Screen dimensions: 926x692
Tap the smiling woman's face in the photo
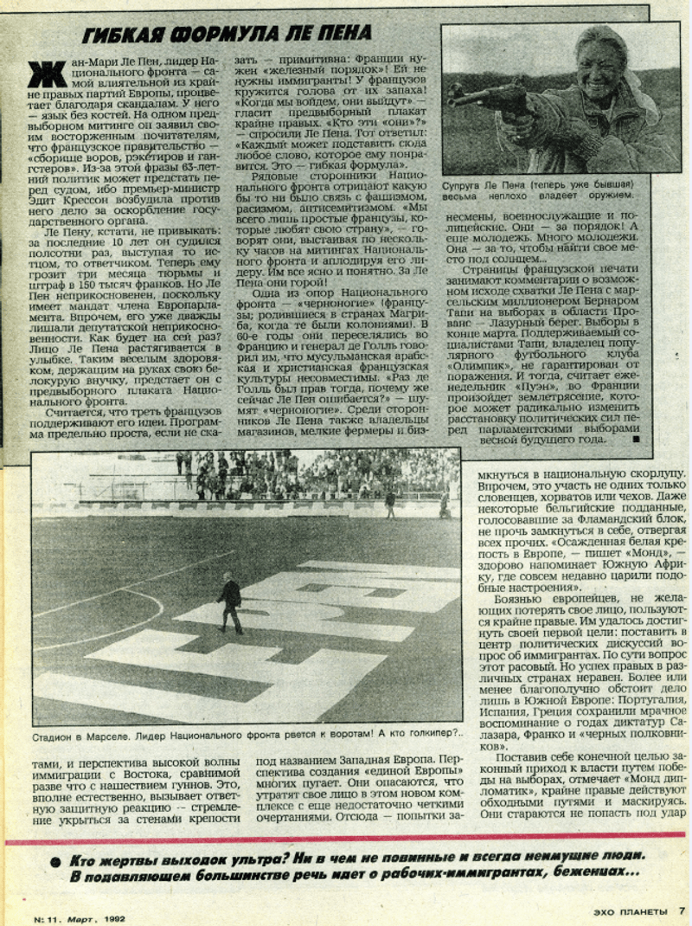pyautogui.click(x=593, y=55)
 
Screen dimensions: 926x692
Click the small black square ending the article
pyautogui.click(x=636, y=440)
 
